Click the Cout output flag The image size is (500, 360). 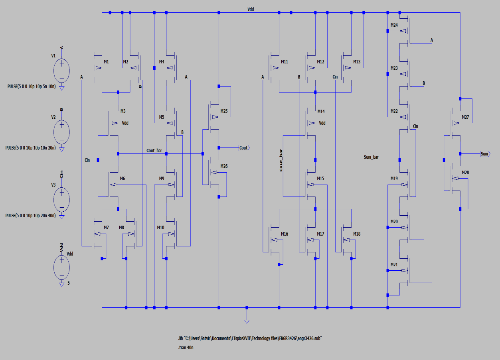[243, 148]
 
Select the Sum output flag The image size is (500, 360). [484, 153]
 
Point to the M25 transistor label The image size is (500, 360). [224, 111]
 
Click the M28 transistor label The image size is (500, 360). [465, 172]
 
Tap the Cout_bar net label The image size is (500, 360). [154, 150]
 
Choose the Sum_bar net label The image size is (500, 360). [371, 157]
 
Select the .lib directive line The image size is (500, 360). [250, 338]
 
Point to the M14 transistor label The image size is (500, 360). [321, 111]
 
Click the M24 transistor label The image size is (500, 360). [394, 25]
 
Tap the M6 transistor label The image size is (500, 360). [122, 179]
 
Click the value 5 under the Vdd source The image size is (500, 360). [68, 283]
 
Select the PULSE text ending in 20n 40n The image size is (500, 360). [30, 215]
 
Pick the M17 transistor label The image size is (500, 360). [321, 234]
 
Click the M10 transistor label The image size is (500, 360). [160, 227]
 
